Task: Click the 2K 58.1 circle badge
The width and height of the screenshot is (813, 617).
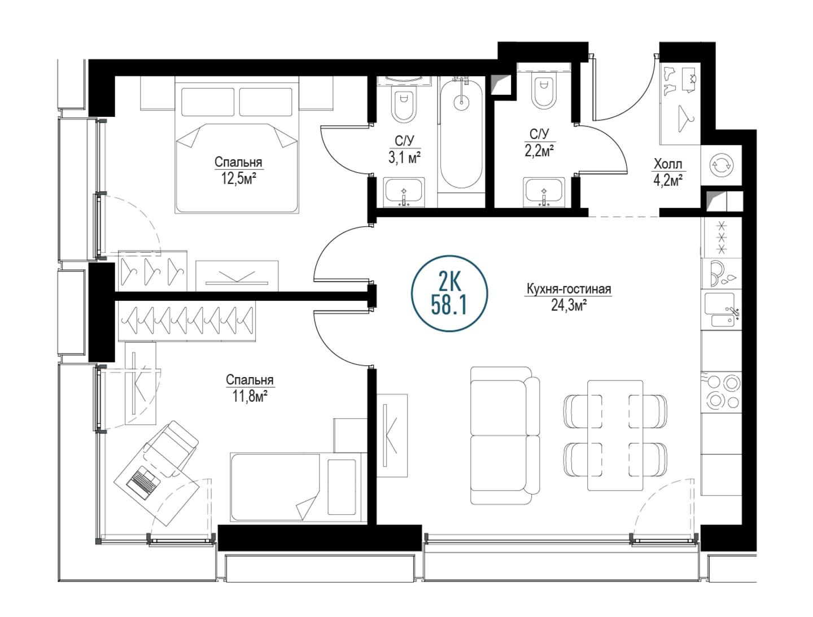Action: [x=449, y=293]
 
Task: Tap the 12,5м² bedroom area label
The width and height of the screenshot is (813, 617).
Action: [x=239, y=180]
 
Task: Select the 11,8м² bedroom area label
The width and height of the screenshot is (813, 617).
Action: [x=250, y=397]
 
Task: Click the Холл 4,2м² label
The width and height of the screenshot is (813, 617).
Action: [x=668, y=173]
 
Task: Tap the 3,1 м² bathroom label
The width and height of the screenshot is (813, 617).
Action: [x=404, y=158]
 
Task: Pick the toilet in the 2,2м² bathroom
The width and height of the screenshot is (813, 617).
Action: [x=543, y=90]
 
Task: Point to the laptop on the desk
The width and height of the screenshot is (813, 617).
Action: [x=143, y=482]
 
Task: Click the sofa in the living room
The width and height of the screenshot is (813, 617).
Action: [x=505, y=435]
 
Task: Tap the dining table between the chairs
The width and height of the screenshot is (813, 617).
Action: [x=615, y=435]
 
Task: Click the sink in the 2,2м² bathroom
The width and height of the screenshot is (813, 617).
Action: [x=544, y=192]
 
